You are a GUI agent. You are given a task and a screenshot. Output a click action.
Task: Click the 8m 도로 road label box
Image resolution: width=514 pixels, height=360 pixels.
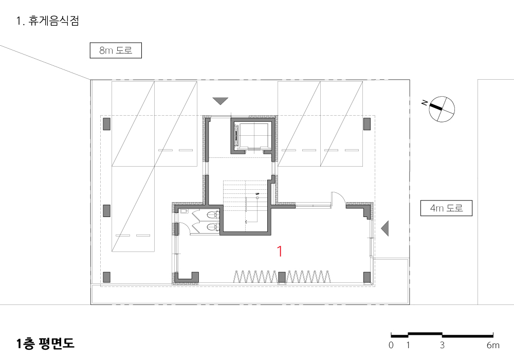coord(116,50)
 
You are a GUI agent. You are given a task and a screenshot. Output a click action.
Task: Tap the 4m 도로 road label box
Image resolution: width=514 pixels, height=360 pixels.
coord(446,208)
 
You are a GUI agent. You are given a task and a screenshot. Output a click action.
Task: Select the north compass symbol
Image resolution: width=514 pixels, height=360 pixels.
coord(441,109)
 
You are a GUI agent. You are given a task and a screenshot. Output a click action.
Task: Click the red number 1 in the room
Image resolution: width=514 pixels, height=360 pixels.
coord(280,251)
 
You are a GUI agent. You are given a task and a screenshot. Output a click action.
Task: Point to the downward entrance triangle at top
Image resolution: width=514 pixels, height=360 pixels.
coord(221,101)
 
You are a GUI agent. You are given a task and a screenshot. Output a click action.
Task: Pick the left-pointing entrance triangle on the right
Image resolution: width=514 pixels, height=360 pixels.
coord(385,228)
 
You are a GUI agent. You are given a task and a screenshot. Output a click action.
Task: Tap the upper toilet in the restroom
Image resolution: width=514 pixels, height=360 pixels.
coord(213,215)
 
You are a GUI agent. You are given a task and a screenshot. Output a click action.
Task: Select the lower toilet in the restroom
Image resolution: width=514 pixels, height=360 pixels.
coord(213,227)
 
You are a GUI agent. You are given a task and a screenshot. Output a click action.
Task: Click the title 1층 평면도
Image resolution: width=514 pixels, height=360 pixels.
coord(45,343)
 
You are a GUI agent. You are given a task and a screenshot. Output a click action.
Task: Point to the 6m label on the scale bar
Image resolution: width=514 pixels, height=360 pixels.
coord(493,345)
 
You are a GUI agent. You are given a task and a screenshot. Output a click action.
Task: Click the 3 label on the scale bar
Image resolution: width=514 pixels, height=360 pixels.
coord(442,345)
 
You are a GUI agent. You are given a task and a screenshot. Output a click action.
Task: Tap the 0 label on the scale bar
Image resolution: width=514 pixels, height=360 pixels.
coord(391,345)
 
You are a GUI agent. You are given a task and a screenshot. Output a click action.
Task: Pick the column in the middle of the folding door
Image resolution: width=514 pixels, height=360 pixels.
coord(282,277)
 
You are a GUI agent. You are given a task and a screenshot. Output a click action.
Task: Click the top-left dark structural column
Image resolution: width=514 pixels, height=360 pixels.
coord(106,124)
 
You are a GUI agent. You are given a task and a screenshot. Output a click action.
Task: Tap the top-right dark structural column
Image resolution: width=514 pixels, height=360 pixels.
coord(367,124)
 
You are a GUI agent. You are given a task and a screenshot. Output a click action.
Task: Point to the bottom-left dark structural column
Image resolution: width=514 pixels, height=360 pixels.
coord(106,277)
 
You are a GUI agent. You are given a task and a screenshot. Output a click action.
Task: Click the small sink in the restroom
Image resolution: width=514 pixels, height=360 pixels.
coord(183,211)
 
